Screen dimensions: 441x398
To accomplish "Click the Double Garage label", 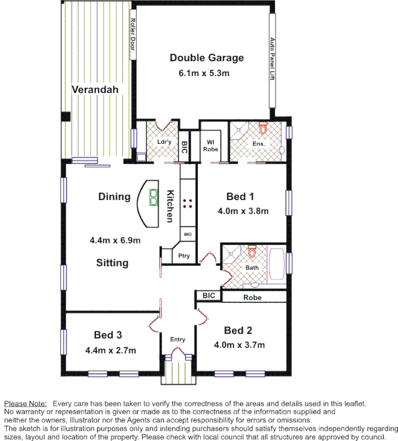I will point(206,58).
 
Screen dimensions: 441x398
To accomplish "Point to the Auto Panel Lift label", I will point(272,59).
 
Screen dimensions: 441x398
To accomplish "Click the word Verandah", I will point(95,90).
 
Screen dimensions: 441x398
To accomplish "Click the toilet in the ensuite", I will point(262,130).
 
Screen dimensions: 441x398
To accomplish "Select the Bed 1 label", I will point(240,196).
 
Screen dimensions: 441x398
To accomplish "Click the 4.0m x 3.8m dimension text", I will point(243,211).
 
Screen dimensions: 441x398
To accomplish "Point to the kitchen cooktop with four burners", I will point(187,203).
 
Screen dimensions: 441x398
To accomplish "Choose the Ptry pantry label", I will point(184,256).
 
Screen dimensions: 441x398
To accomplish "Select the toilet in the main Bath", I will point(253,252).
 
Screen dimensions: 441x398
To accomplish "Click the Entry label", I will point(178,340).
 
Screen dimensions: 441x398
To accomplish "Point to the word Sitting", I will point(112,263).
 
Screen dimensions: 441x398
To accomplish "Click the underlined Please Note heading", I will point(25,404).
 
